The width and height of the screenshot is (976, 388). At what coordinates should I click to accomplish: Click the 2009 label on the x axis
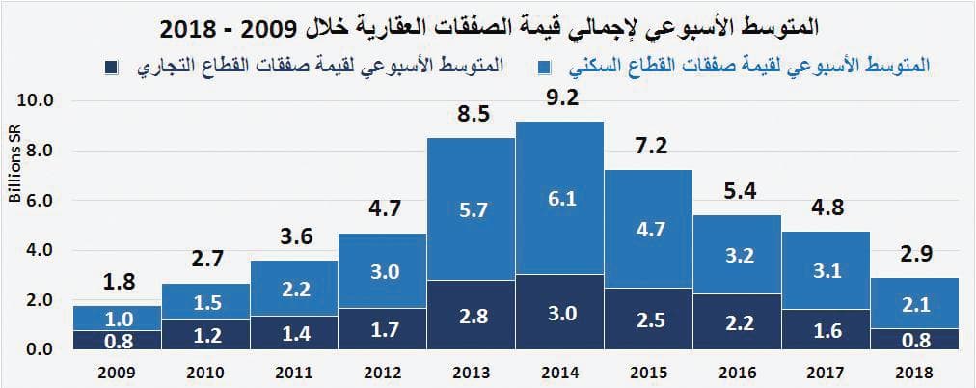click(117, 372)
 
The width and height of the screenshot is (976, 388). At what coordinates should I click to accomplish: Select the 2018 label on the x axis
click(914, 372)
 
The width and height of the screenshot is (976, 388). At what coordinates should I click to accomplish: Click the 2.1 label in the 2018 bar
click(914, 305)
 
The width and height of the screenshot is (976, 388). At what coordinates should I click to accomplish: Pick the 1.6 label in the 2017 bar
click(826, 330)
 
